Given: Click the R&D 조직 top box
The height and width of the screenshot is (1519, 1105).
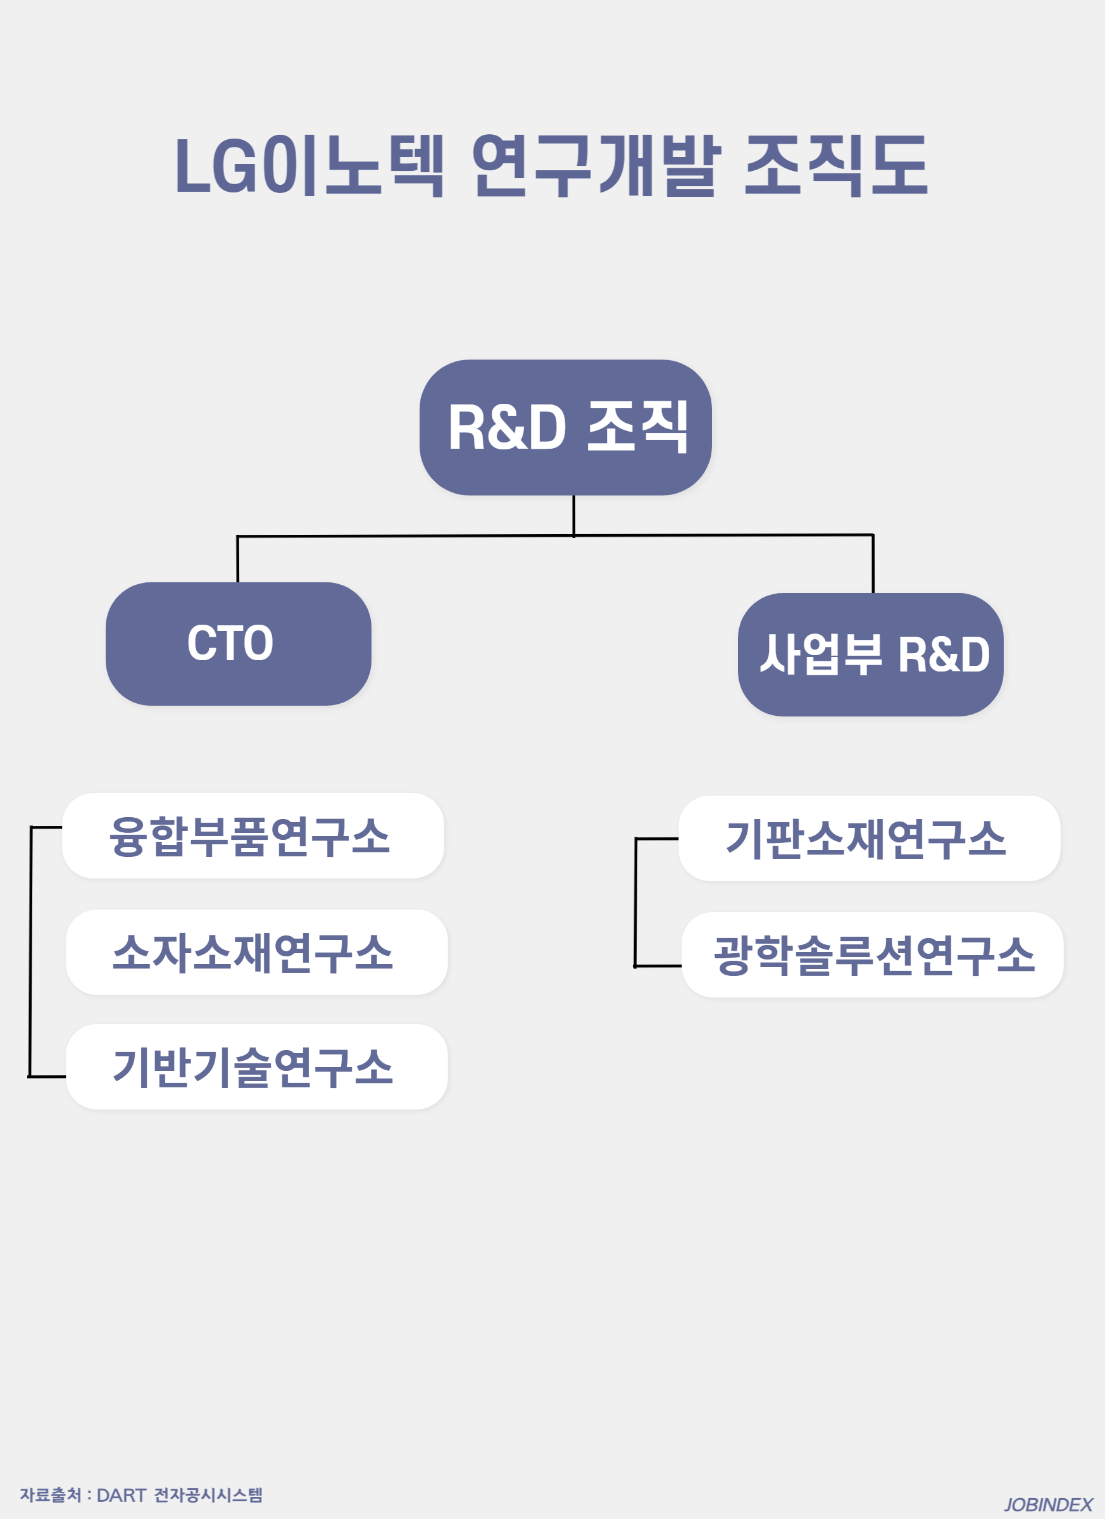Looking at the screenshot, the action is (x=566, y=427).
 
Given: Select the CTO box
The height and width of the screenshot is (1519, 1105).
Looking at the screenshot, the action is (x=239, y=644).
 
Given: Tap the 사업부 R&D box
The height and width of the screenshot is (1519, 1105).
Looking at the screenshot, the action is (x=871, y=654).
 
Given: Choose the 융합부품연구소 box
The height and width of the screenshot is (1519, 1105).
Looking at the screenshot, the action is (x=253, y=836).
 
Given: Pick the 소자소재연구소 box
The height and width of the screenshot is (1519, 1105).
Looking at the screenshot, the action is (x=256, y=953).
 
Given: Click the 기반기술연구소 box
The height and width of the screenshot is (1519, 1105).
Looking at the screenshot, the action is (x=256, y=1067).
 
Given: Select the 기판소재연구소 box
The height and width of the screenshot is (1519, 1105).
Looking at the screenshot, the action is (x=870, y=839).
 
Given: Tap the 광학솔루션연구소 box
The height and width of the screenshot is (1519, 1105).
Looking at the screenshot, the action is (x=873, y=955).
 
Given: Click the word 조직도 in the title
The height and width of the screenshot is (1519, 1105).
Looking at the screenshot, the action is (x=837, y=165).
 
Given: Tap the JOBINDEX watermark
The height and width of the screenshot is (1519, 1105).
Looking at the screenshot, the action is (x=1048, y=1505).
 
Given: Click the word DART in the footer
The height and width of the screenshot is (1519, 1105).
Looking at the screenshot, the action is (x=122, y=1495).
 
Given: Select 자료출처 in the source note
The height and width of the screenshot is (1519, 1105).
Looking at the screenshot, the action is (x=50, y=1495).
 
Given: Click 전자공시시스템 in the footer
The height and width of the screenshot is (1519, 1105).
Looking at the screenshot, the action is (x=208, y=1495).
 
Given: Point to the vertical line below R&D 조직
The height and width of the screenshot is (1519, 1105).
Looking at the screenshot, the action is (x=574, y=516).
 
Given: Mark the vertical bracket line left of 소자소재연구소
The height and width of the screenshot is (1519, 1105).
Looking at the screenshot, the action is (x=30, y=952).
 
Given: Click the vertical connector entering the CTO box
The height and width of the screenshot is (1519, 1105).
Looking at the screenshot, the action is (x=238, y=559).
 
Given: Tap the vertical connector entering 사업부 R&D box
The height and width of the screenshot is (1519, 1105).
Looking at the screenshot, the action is (x=873, y=564).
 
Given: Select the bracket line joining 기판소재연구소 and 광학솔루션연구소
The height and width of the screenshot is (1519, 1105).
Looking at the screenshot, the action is (x=635, y=902).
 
